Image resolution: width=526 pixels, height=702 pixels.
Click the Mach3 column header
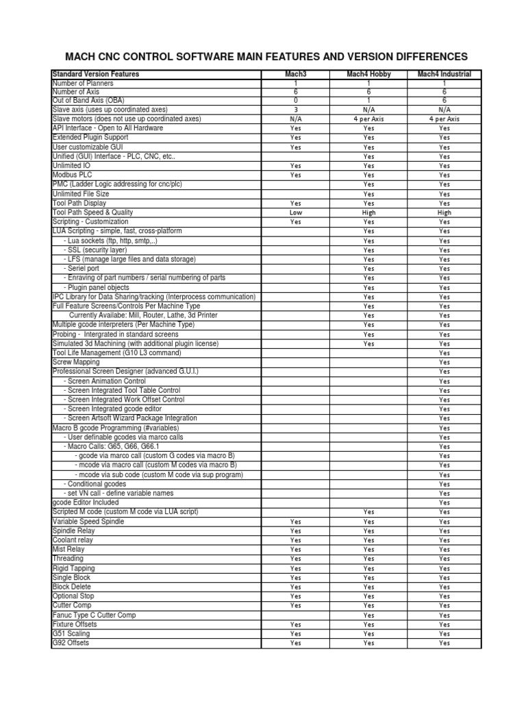click(x=295, y=74)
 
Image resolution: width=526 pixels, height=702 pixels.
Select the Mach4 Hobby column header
click(x=368, y=74)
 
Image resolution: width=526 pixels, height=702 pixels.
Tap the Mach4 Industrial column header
click(x=444, y=74)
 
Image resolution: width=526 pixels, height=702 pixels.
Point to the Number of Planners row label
click(x=84, y=83)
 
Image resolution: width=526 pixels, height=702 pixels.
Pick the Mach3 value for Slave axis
click(x=295, y=110)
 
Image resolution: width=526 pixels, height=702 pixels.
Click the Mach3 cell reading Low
click(x=295, y=213)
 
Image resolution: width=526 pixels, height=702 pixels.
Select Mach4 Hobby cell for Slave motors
click(x=368, y=119)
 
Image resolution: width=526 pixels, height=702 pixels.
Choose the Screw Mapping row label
click(x=76, y=362)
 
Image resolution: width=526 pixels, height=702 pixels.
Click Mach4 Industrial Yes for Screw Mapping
click(x=444, y=363)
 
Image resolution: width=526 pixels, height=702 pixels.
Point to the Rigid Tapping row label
click(x=74, y=568)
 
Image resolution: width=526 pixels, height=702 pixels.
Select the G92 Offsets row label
click(x=71, y=643)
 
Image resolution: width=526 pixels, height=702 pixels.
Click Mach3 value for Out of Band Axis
click(x=295, y=100)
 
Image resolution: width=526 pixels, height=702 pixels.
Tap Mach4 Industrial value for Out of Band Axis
click(x=444, y=100)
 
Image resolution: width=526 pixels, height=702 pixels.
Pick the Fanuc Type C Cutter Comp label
click(x=95, y=615)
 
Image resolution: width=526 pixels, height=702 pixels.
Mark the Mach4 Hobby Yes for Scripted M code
click(x=368, y=512)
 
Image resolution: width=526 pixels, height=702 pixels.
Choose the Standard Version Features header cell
click(x=96, y=74)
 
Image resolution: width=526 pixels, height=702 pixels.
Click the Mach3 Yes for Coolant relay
click(x=295, y=540)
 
